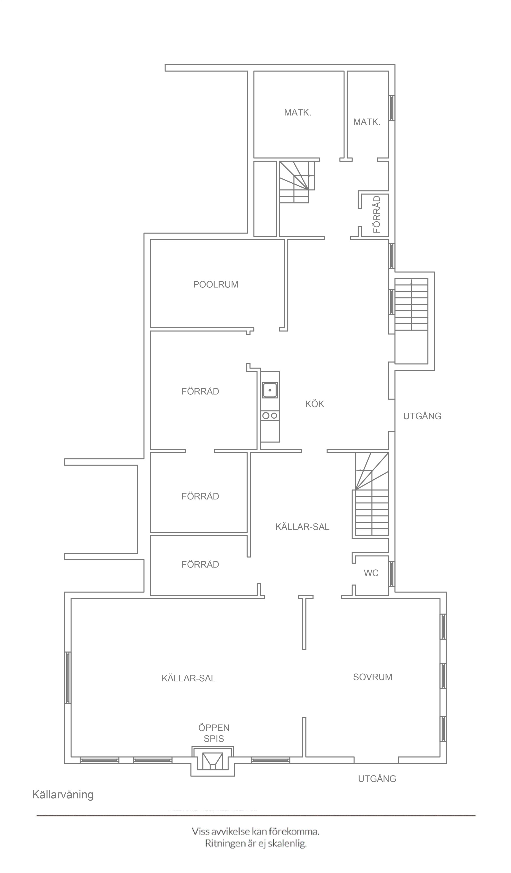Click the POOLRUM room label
(216, 284)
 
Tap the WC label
(371, 573)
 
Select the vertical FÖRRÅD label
(377, 214)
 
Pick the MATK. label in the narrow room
(367, 122)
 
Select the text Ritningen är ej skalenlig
(256, 851)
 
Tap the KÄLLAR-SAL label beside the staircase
(302, 527)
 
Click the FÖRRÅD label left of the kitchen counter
(200, 391)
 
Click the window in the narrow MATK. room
(391, 108)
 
